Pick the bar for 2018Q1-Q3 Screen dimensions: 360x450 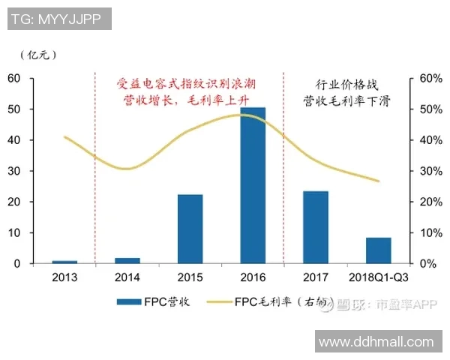tap(379, 250)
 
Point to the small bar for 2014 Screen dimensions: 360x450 tap(127, 260)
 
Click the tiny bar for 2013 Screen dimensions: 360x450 tap(64, 262)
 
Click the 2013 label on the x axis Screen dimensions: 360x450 tap(64, 277)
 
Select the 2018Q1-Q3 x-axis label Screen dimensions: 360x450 tap(379, 277)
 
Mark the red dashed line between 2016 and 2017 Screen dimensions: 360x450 tap(283, 169)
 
